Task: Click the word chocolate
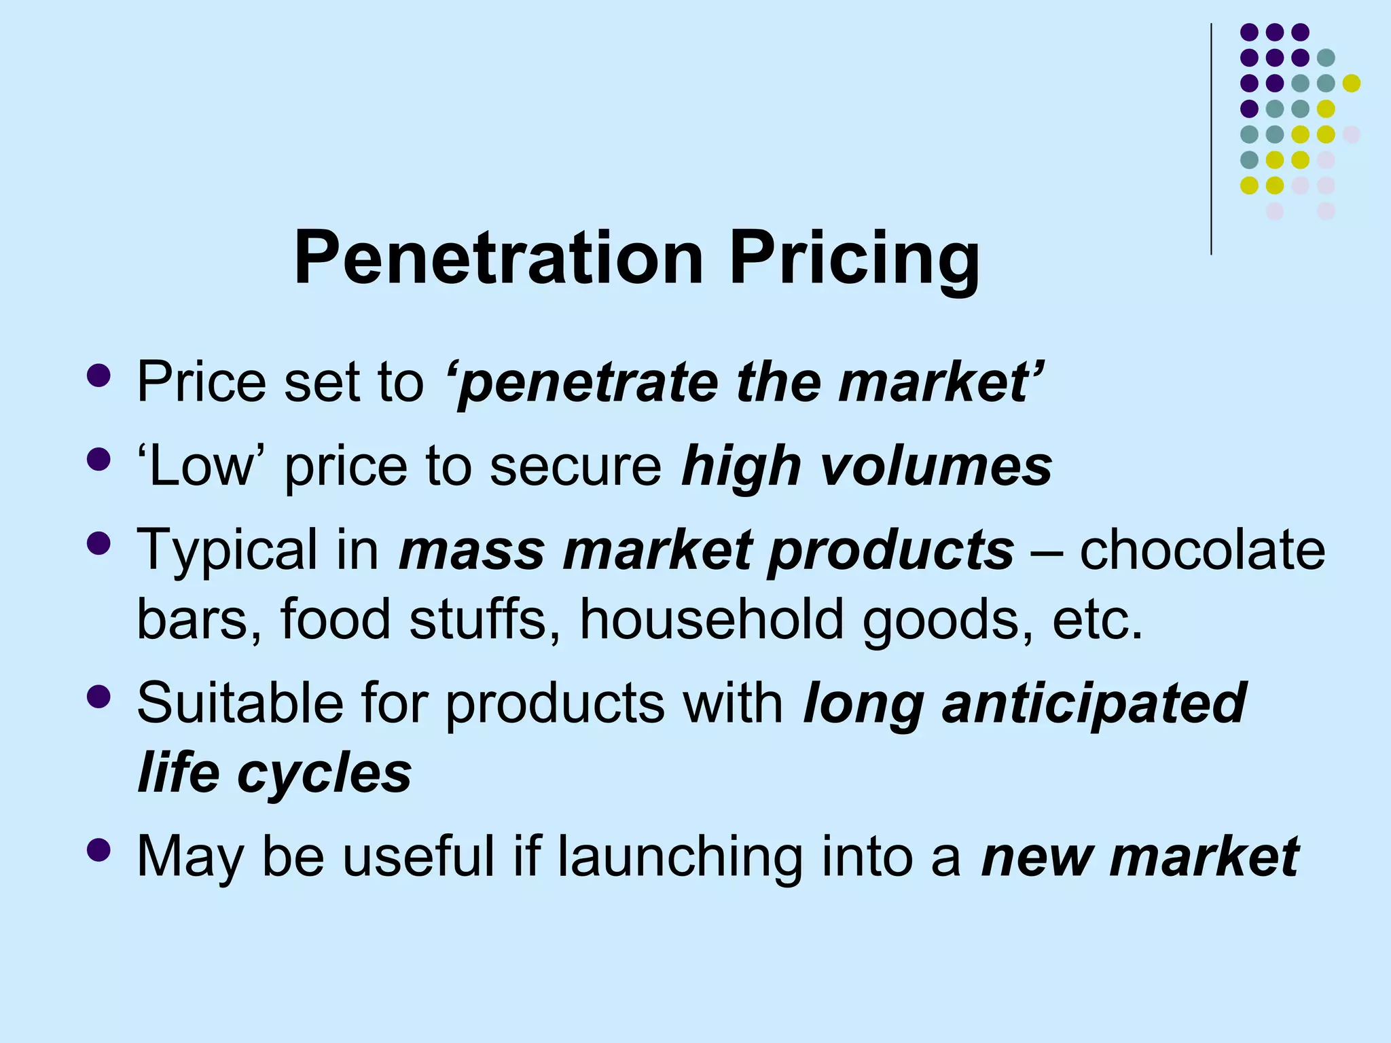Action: click(x=1202, y=549)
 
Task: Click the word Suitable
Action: click(x=239, y=703)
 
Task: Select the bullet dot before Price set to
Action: click(x=99, y=376)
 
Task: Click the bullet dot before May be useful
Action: click(x=99, y=849)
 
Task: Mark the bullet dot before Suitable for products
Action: click(x=99, y=697)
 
